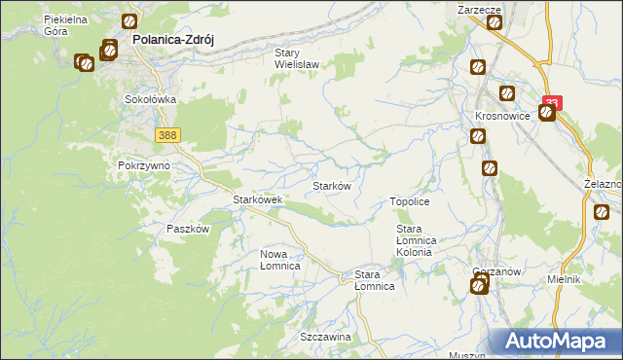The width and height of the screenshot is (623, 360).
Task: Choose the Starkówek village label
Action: point(257,199)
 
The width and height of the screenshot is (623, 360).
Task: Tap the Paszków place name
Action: point(188,229)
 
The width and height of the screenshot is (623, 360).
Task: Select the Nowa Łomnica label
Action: point(279,260)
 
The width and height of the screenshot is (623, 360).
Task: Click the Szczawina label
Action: point(325,336)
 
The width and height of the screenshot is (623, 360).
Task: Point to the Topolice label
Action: point(410,200)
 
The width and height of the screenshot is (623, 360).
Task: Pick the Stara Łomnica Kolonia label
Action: point(420,240)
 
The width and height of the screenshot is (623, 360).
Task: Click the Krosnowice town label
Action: point(502,115)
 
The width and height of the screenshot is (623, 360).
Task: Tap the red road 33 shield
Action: point(553,101)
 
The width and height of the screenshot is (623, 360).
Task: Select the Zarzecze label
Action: point(479,8)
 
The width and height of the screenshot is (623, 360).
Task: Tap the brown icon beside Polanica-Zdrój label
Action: point(129,20)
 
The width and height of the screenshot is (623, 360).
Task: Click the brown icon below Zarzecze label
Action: point(494,21)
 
